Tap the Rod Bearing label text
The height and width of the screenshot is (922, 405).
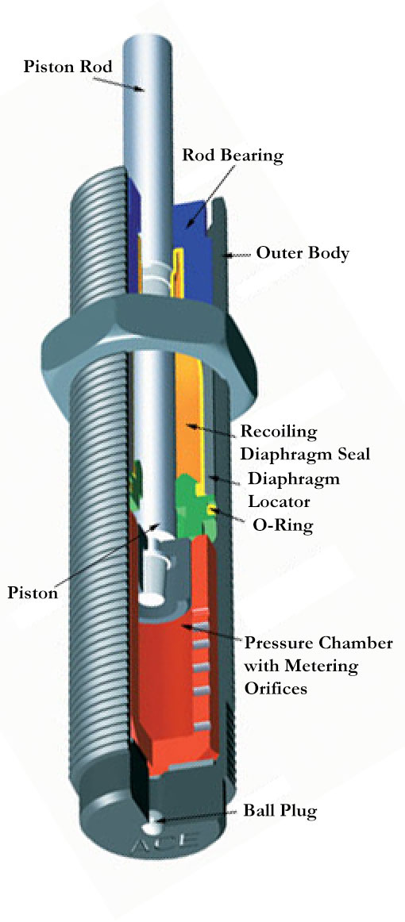[x=232, y=154]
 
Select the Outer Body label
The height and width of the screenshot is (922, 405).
[x=303, y=254]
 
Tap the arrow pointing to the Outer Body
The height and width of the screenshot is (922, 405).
[x=237, y=255]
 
